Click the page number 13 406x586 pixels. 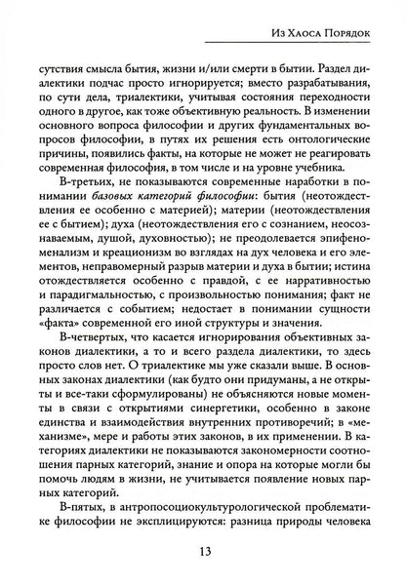(203, 558)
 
